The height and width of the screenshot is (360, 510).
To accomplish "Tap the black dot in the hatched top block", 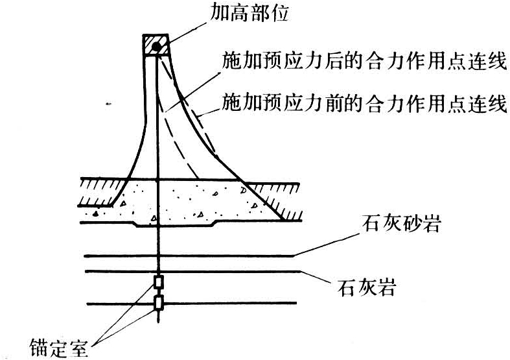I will coord(156,46).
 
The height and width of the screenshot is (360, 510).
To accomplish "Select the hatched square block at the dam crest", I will coord(156,46).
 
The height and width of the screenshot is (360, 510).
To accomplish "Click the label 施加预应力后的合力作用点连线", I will coord(364,64).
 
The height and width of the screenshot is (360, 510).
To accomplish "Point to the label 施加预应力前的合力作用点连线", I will coord(364,104).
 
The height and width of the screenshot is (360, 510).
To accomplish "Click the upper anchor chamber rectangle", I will coord(157,282).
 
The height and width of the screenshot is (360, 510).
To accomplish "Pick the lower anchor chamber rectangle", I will coord(157,302).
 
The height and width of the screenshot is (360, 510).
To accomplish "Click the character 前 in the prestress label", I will coord(336,104).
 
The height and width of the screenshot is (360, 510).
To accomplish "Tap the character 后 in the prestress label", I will coord(336,64).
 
